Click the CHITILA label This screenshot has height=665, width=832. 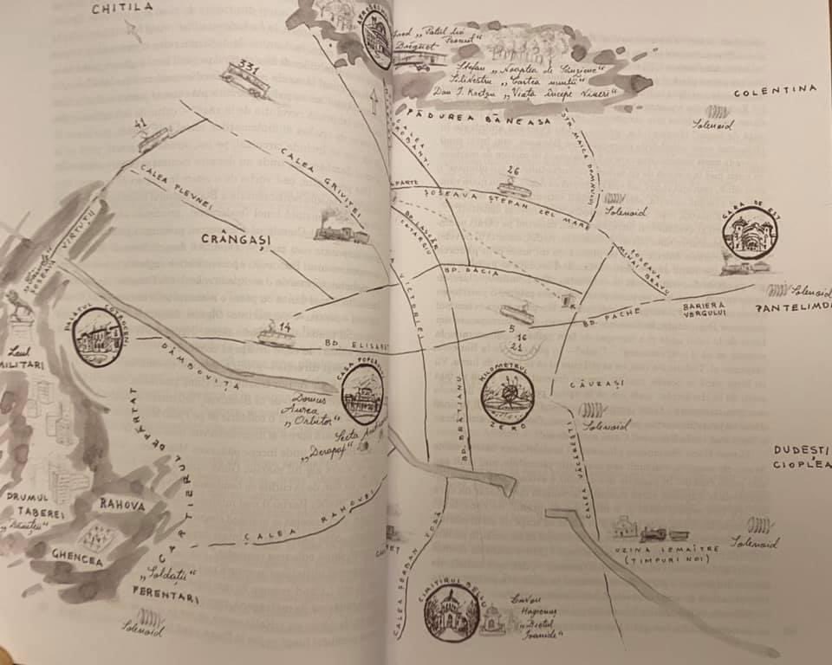[122, 8]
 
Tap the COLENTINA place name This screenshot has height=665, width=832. [775, 90]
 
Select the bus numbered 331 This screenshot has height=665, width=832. [245, 79]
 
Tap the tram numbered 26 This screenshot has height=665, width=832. [514, 185]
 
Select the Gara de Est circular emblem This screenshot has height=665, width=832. [750, 233]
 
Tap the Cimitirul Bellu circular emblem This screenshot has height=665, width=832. [452, 613]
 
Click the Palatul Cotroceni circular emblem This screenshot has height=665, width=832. [97, 336]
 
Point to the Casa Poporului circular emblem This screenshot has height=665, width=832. [363, 394]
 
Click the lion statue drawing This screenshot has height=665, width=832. [19, 306]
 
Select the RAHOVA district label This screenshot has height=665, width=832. [122, 505]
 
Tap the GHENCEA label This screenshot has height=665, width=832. [76, 560]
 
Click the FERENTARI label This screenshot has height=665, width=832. [165, 597]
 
